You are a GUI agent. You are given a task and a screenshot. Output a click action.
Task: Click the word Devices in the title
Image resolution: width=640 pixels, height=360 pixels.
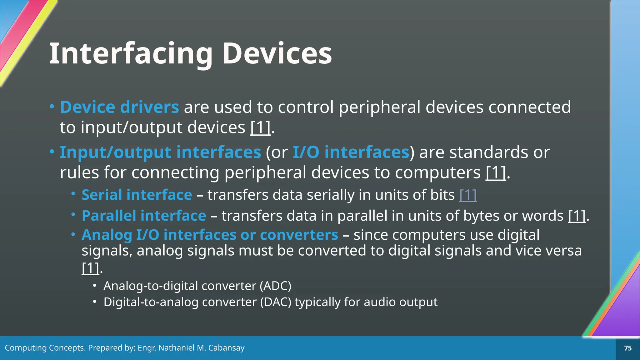[277, 54]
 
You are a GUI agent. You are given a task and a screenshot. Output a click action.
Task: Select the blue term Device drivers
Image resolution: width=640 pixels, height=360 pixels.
[119, 107]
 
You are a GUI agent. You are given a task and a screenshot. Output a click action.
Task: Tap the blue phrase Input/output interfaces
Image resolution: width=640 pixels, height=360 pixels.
[160, 152]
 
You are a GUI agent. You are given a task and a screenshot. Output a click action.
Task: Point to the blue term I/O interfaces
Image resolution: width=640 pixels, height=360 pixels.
[351, 152]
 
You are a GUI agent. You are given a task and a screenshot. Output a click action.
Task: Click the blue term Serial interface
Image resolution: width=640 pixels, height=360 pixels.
[137, 195]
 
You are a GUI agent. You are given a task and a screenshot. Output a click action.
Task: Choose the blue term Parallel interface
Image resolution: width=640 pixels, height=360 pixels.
[144, 216]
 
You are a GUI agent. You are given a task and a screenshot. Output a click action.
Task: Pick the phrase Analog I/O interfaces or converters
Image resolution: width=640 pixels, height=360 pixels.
[210, 235]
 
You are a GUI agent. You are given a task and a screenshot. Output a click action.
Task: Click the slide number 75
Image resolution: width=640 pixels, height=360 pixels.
[628, 348]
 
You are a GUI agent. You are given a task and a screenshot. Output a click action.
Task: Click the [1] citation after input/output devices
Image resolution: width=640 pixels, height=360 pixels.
[260, 128]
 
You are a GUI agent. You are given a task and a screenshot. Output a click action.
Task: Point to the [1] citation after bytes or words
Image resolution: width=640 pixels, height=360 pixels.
[577, 216]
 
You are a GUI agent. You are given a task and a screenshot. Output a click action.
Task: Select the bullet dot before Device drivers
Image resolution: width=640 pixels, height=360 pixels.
[52, 107]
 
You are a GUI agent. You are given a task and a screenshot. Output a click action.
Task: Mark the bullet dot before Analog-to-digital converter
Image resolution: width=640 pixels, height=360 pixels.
[95, 286]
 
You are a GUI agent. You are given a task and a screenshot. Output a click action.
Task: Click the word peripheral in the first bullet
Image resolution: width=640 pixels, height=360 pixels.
[380, 107]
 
